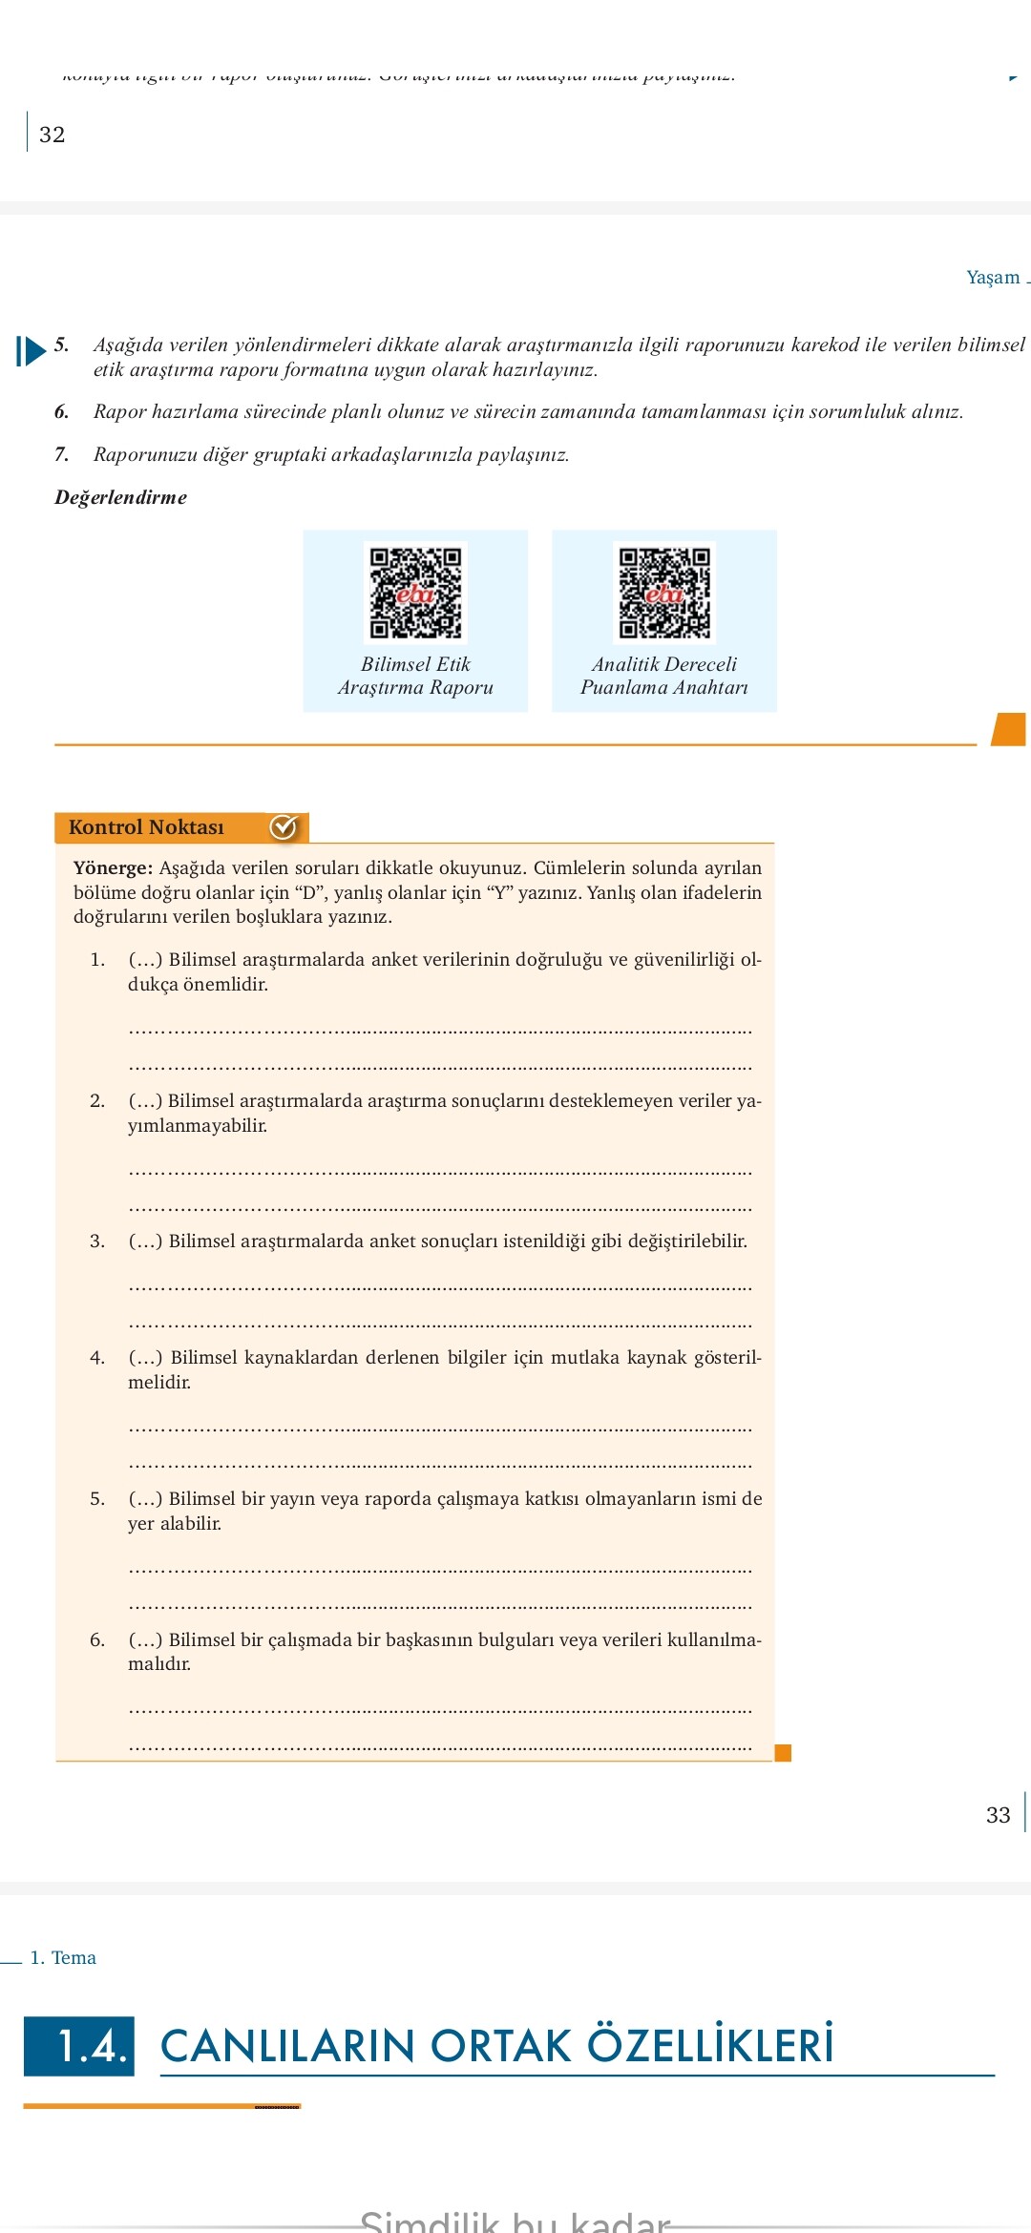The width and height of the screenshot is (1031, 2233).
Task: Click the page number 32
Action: coord(53,135)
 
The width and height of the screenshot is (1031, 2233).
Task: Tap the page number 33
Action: coord(998,1815)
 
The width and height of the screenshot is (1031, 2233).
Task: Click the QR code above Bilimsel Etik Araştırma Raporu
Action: coord(415,593)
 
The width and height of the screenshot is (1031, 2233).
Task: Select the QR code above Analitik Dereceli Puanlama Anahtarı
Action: coord(664,593)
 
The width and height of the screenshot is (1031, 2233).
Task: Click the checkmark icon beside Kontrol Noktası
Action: coord(284,827)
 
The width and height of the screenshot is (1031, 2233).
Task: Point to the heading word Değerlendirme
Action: coord(120,497)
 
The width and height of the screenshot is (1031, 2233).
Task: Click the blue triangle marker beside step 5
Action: coord(32,350)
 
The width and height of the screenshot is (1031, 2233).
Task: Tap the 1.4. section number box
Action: coord(79,2046)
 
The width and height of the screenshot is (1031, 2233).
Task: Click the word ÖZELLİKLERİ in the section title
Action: coord(710,2046)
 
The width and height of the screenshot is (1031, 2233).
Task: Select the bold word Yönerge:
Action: coord(113,867)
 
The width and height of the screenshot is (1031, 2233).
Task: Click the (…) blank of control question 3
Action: coord(145,1241)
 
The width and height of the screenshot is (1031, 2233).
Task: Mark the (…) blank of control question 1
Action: coord(145,959)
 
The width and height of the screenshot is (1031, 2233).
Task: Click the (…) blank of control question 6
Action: coord(145,1639)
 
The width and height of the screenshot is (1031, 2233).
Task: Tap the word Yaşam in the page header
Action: coord(993,277)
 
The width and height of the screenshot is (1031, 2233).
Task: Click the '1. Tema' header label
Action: coord(63,1957)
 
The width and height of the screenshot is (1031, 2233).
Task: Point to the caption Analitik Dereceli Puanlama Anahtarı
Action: coord(664,676)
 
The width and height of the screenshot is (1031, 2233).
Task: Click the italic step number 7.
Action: coord(62,454)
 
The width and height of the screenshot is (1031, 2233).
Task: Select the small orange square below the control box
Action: coord(783,1752)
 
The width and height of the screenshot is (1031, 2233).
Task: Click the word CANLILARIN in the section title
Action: coord(287,2046)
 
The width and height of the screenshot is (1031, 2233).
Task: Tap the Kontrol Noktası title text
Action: coord(146,827)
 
